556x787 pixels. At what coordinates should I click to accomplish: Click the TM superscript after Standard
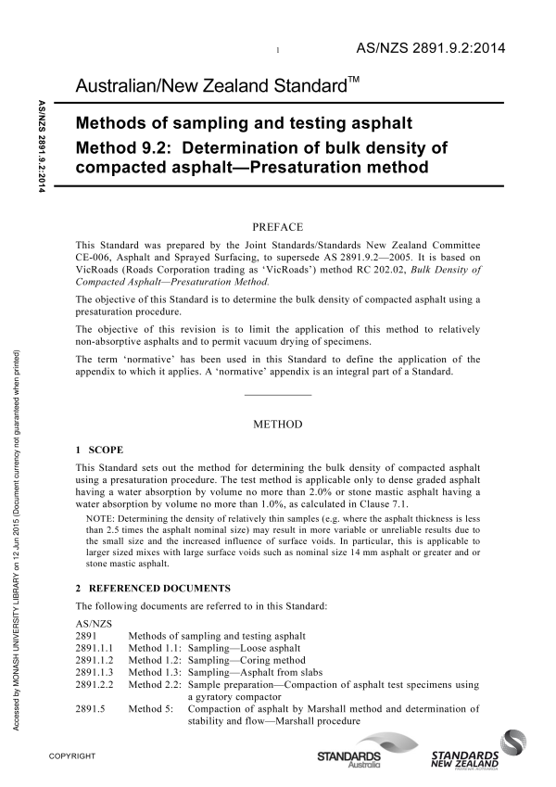[354, 83]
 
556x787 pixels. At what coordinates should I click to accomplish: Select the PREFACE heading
[277, 224]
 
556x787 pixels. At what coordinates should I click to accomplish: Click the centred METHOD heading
[277, 425]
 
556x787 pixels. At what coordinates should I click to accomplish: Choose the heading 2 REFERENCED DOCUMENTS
[156, 589]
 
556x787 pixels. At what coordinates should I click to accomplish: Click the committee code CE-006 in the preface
[97, 257]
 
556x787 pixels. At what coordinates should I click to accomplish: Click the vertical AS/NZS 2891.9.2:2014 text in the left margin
[41, 148]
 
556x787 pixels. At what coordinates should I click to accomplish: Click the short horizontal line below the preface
[277, 396]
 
